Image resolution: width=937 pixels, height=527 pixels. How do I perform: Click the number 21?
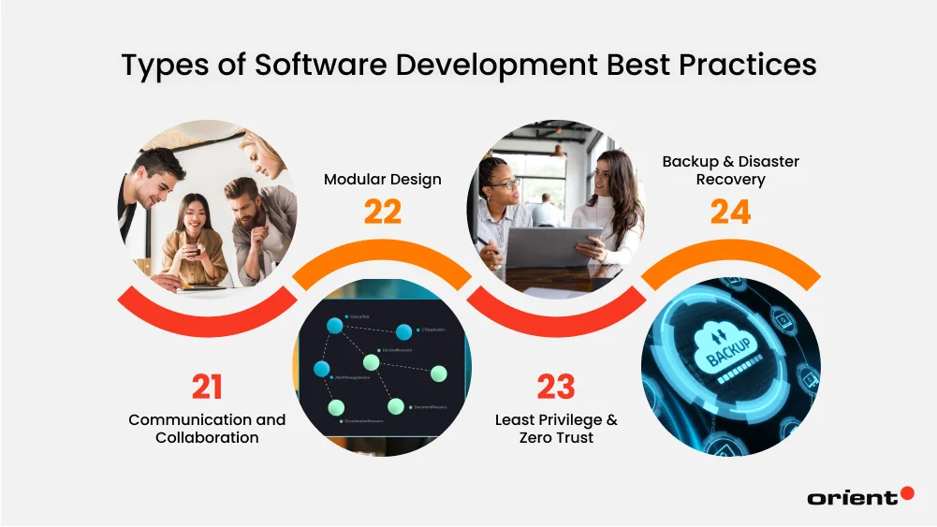(x=206, y=388)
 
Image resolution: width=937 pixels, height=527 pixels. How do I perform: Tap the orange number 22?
(x=382, y=212)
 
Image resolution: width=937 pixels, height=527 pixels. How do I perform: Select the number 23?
(x=556, y=388)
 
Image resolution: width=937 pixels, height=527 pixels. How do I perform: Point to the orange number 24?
(x=730, y=212)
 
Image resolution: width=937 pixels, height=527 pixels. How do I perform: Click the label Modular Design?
(x=382, y=179)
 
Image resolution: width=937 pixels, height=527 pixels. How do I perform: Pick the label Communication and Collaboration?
(x=207, y=429)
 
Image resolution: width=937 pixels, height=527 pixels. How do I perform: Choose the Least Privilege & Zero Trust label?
(x=556, y=429)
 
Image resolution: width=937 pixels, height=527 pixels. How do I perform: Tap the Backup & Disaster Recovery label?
(x=730, y=170)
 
